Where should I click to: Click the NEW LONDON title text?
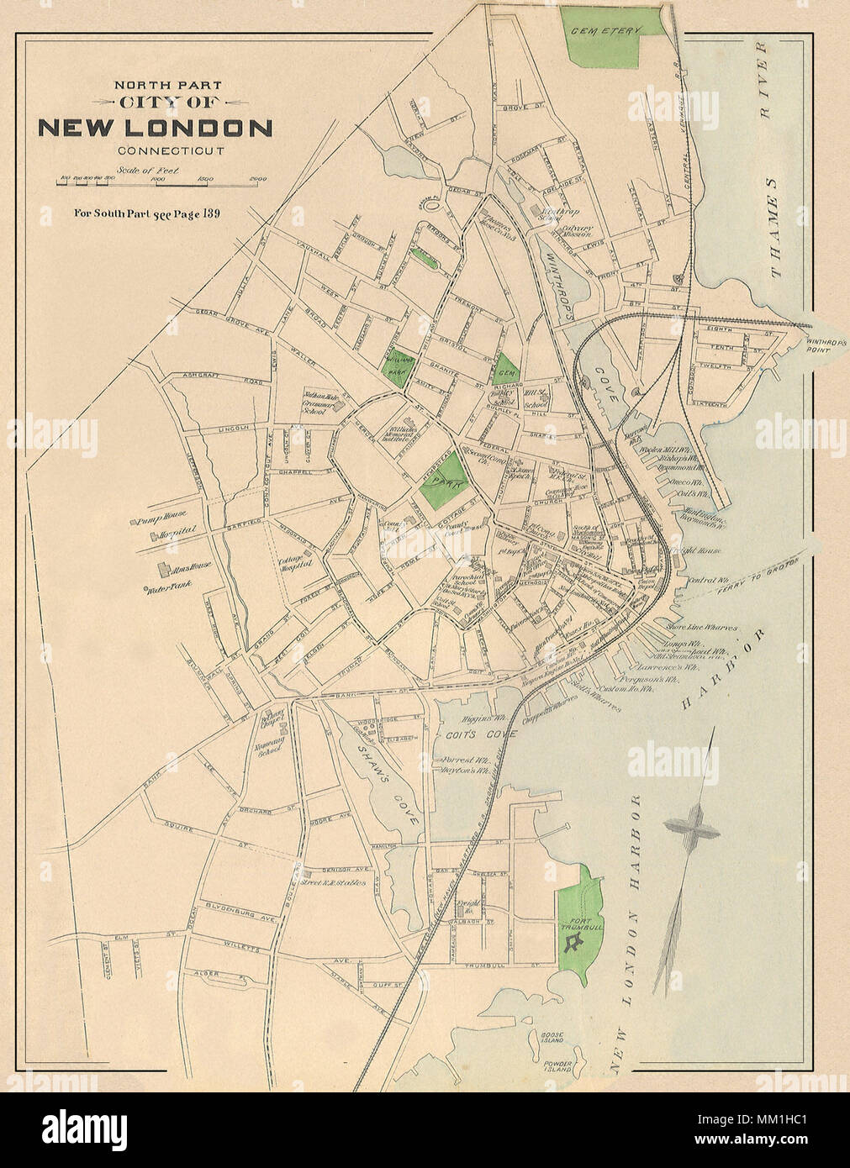[x=156, y=129]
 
